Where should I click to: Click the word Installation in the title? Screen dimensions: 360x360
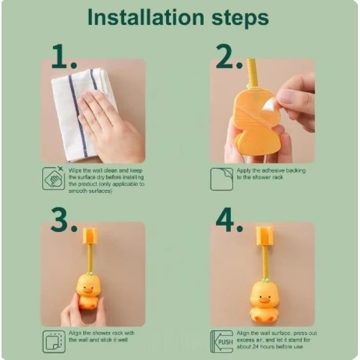pyautogui.click(x=146, y=17)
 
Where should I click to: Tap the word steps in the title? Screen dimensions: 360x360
pyautogui.click(x=240, y=19)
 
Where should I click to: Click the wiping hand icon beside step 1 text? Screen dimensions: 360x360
pyautogui.click(x=53, y=178)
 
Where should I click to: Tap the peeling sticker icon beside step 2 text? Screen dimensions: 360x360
pyautogui.click(x=222, y=179)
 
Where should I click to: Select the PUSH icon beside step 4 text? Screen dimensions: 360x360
pyautogui.click(x=222, y=341)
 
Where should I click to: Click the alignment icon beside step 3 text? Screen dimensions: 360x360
pyautogui.click(x=54, y=341)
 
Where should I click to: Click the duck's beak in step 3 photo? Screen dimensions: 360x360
pyautogui.click(x=88, y=291)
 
